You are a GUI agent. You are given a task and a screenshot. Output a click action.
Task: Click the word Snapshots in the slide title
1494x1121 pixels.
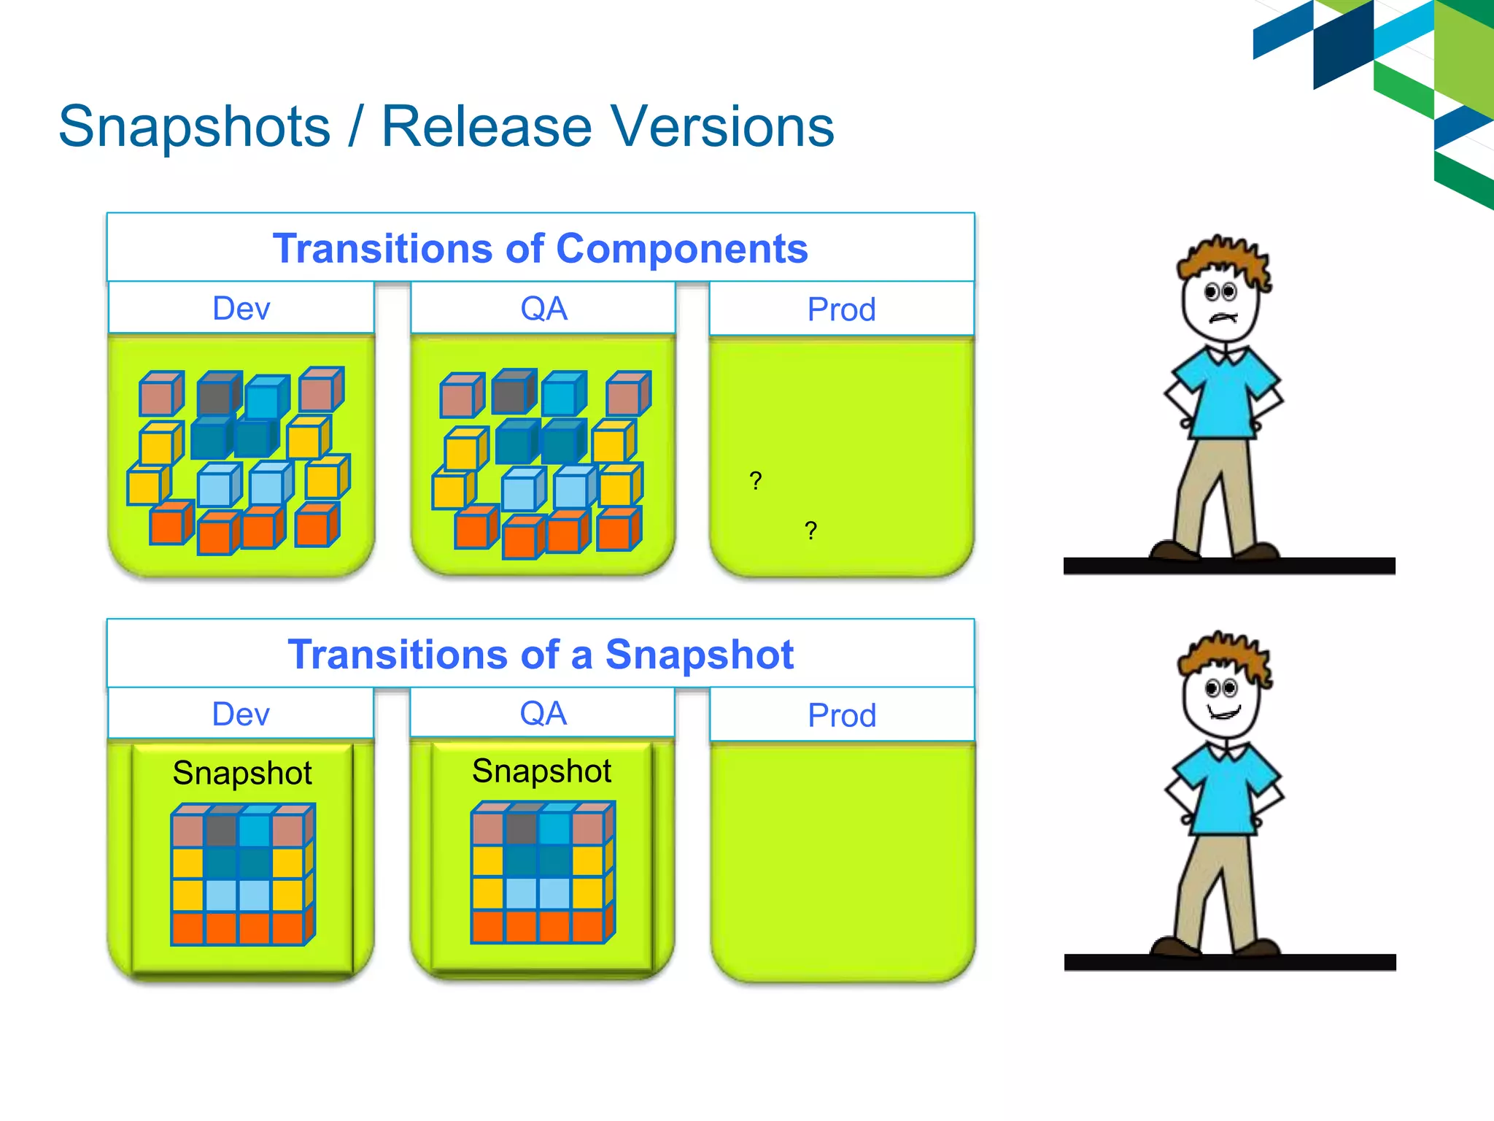click(194, 128)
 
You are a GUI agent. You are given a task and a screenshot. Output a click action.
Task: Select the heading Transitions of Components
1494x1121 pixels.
click(540, 248)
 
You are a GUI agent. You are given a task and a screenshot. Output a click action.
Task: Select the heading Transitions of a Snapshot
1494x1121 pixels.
click(540, 654)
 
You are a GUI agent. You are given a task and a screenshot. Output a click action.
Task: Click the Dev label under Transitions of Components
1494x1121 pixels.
click(241, 309)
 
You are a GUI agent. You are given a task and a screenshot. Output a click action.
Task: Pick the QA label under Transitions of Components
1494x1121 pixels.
click(543, 309)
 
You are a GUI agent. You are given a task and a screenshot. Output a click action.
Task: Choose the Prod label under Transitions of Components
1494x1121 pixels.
click(841, 309)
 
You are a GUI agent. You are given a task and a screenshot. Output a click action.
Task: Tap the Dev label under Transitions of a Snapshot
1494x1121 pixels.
click(241, 714)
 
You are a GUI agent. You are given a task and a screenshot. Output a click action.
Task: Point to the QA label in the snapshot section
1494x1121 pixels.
click(543, 713)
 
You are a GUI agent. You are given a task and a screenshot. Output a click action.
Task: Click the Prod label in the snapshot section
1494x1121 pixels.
click(842, 715)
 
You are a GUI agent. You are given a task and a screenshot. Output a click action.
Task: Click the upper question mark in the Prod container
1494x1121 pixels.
click(756, 481)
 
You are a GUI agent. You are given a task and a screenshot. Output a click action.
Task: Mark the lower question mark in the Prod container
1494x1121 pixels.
click(810, 531)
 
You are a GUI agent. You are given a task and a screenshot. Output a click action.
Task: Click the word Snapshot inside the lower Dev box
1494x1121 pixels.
click(242, 773)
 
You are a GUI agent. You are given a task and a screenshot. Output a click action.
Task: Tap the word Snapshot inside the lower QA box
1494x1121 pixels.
click(541, 771)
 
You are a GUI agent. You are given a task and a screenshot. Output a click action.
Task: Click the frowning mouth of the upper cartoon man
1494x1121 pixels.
click(1223, 318)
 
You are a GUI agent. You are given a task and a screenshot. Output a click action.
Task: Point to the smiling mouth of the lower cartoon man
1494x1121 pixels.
click(1224, 712)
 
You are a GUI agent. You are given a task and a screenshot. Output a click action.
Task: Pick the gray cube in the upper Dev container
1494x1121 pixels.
click(217, 396)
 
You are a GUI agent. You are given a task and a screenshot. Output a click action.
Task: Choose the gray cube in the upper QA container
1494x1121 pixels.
click(511, 393)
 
